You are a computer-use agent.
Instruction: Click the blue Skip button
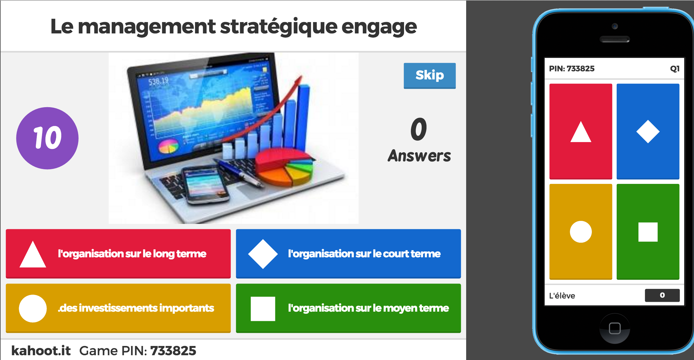[x=430, y=76]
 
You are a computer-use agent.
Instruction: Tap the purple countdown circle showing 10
[x=47, y=138]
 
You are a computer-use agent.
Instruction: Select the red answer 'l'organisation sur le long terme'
[x=118, y=254]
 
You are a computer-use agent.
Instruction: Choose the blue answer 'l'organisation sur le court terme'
[x=348, y=254]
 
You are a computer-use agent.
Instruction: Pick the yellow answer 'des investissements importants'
[x=118, y=308]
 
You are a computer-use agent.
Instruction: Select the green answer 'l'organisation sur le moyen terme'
[x=348, y=308]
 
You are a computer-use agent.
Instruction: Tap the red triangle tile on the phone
[x=581, y=131]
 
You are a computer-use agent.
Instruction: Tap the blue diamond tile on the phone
[x=648, y=131]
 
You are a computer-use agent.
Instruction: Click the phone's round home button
[x=615, y=328]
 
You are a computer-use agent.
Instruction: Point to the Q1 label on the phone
[x=675, y=69]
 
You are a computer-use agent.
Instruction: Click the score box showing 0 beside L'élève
[x=662, y=295]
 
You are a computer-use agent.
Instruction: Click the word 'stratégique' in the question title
[x=279, y=27]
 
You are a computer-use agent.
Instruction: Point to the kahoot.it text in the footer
[x=41, y=350]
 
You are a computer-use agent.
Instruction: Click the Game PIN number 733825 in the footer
[x=173, y=351]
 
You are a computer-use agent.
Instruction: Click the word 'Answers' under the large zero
[x=419, y=156]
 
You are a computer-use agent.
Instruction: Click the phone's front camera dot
[x=615, y=26]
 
